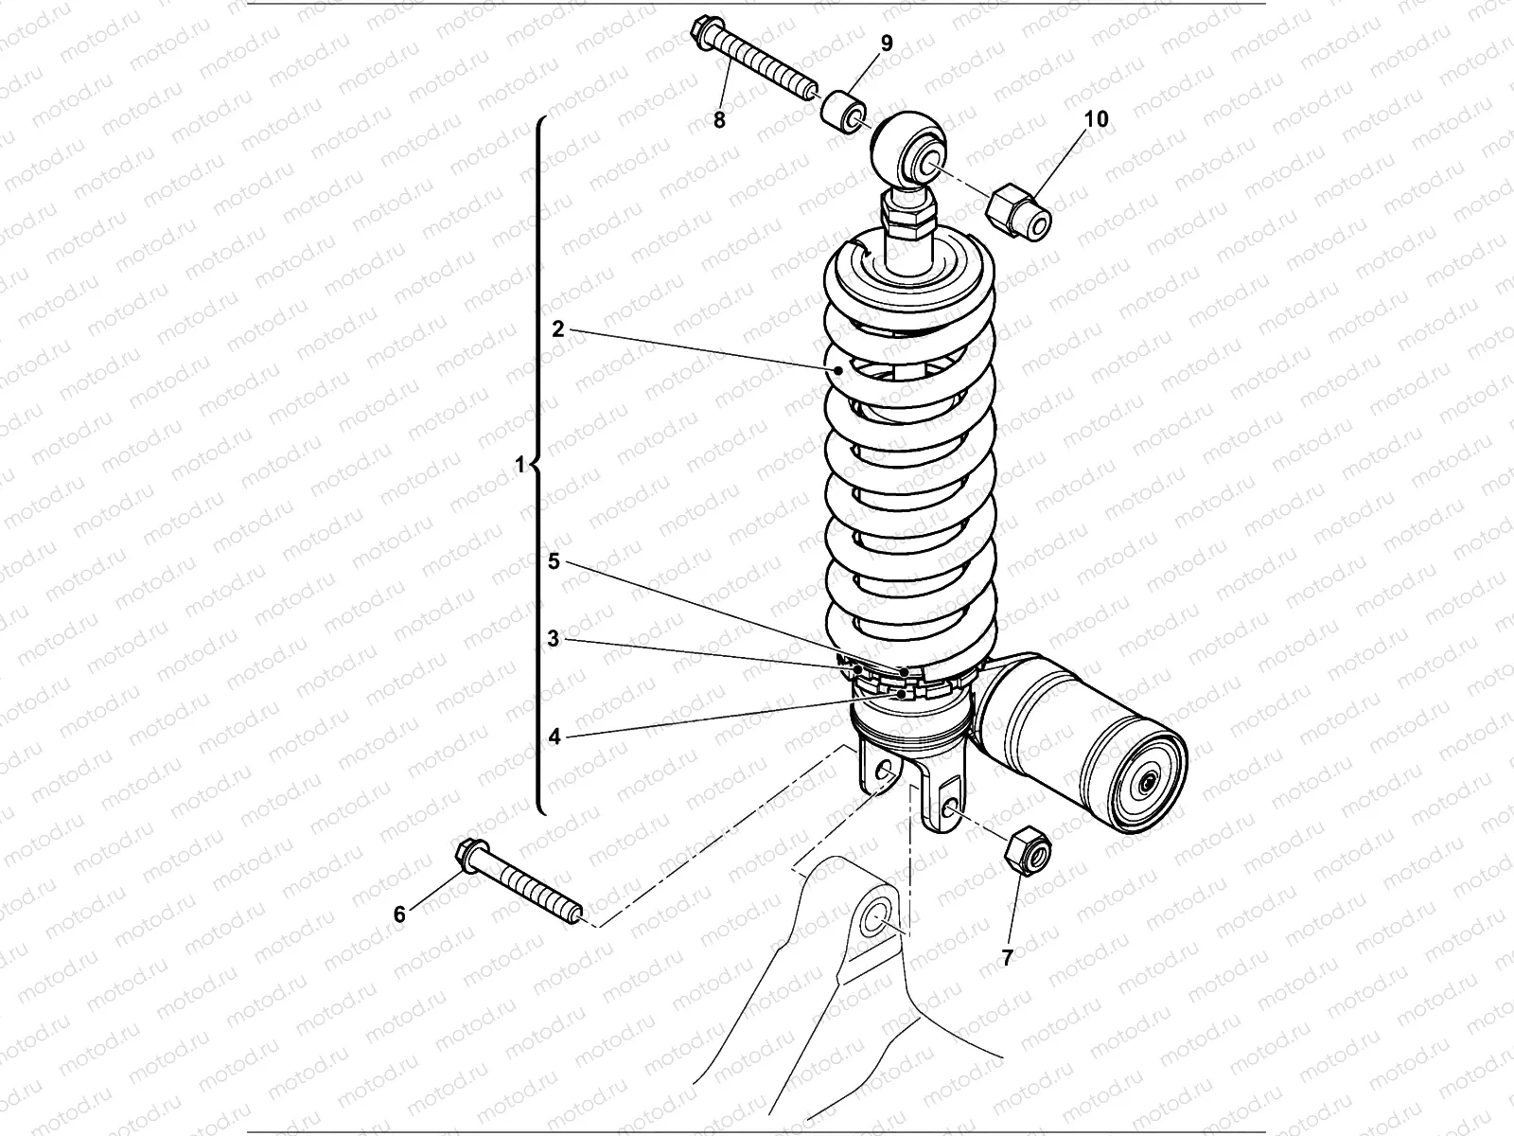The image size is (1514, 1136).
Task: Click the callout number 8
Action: pyautogui.click(x=719, y=120)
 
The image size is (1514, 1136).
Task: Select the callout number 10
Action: pyautogui.click(x=1096, y=118)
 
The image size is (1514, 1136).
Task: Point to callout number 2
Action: pyautogui.click(x=558, y=328)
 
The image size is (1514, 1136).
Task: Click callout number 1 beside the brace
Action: pyautogui.click(x=519, y=465)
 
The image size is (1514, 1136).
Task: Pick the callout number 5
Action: pyautogui.click(x=555, y=560)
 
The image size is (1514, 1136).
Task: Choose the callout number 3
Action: pyautogui.click(x=555, y=638)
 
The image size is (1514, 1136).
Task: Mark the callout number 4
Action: pyautogui.click(x=555, y=736)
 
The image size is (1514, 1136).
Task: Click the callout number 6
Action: pyautogui.click(x=399, y=914)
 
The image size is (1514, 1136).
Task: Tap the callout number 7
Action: pyautogui.click(x=1008, y=957)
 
